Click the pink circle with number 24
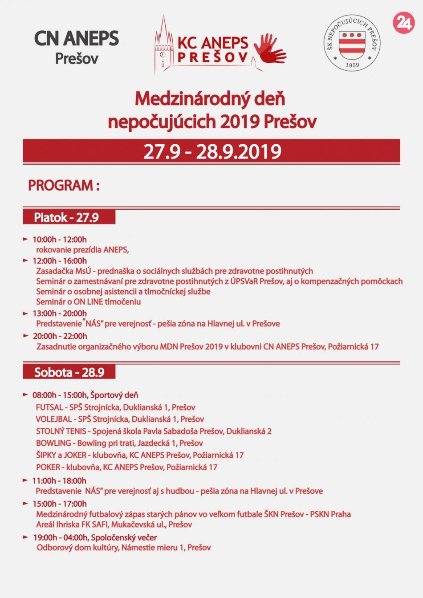point(403,22)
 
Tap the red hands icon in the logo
point(269,49)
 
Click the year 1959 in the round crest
point(352,65)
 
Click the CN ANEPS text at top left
point(77,39)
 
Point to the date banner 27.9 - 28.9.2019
point(211,152)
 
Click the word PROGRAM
point(61,185)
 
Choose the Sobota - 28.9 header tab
point(69,372)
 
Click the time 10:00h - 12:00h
point(59,240)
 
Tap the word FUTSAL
point(49,407)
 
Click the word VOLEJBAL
point(54,419)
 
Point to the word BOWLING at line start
point(53,443)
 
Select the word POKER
point(48,467)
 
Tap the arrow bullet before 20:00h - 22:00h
point(26,336)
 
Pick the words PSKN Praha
point(330,514)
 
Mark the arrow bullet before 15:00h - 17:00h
point(25,503)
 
